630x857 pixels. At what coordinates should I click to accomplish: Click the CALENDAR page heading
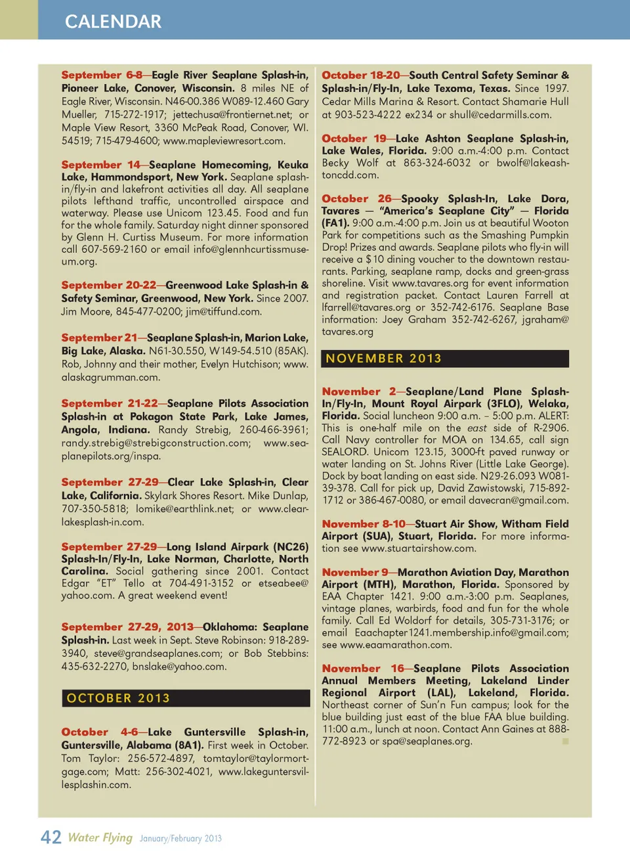tap(113, 22)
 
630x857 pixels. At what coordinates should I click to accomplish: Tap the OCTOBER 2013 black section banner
tap(185, 698)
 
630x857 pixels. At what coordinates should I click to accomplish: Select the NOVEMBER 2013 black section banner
tap(445, 359)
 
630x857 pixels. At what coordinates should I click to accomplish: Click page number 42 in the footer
tap(51, 837)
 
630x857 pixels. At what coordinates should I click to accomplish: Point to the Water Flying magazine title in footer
tap(100, 837)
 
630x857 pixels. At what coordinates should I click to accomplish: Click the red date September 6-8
tap(102, 75)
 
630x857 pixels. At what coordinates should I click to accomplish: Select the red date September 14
tap(101, 165)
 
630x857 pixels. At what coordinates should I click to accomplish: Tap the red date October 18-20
tap(360, 75)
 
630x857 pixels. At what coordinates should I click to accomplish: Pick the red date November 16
tap(363, 669)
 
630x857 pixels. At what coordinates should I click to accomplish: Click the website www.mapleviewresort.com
tap(224, 141)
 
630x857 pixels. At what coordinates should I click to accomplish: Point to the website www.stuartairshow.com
tap(418, 548)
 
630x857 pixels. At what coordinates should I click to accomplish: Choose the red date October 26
tap(356, 198)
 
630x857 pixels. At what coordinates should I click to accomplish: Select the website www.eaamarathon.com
tap(396, 645)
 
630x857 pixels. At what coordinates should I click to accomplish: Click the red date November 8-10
tap(364, 524)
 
